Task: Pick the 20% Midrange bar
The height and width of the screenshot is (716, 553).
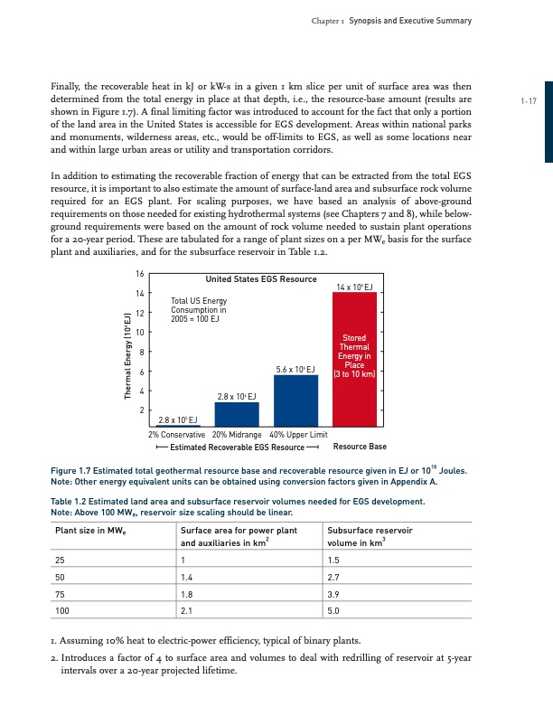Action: (x=237, y=413)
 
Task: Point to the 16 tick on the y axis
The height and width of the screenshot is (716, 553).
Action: (x=139, y=273)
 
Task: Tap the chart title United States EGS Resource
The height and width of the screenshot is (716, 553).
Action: (x=261, y=279)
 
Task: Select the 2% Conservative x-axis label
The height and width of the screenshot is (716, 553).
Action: (x=179, y=434)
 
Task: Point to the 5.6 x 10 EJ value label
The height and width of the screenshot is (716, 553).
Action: (x=295, y=369)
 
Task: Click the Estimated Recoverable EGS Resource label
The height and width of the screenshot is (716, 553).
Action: (x=238, y=447)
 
